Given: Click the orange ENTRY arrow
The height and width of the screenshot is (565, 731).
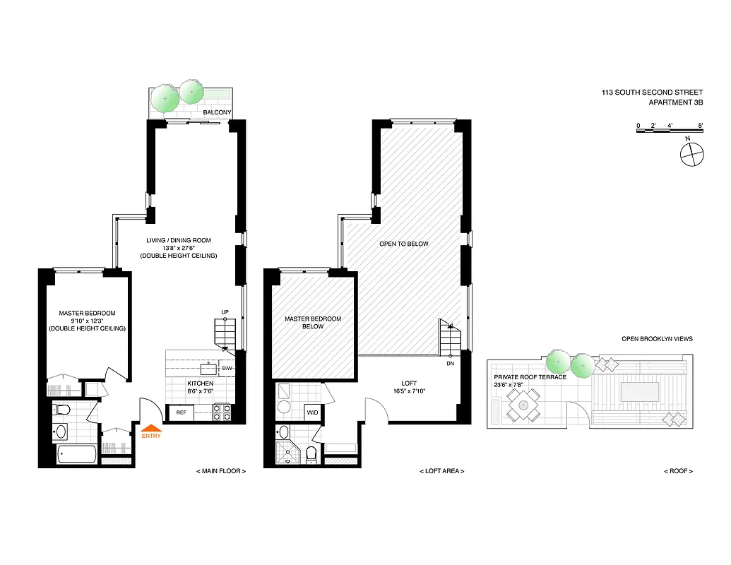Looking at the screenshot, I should click(151, 427).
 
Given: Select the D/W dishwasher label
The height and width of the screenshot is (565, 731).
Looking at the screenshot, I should click(227, 369).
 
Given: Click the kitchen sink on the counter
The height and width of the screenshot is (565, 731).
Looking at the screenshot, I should click(209, 369).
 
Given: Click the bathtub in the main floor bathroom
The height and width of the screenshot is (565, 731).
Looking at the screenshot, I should click(77, 455).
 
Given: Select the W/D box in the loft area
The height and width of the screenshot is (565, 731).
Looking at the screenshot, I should click(311, 412).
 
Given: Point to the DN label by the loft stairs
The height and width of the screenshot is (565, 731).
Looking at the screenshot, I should click(450, 364).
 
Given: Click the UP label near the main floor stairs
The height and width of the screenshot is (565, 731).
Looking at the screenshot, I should click(225, 311).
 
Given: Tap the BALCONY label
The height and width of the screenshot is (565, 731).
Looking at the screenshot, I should click(214, 112).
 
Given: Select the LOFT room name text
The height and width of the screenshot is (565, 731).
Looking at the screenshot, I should click(409, 383).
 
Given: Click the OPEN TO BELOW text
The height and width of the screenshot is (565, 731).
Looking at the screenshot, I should click(403, 244).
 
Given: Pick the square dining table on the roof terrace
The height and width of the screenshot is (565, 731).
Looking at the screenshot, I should click(523, 405).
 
